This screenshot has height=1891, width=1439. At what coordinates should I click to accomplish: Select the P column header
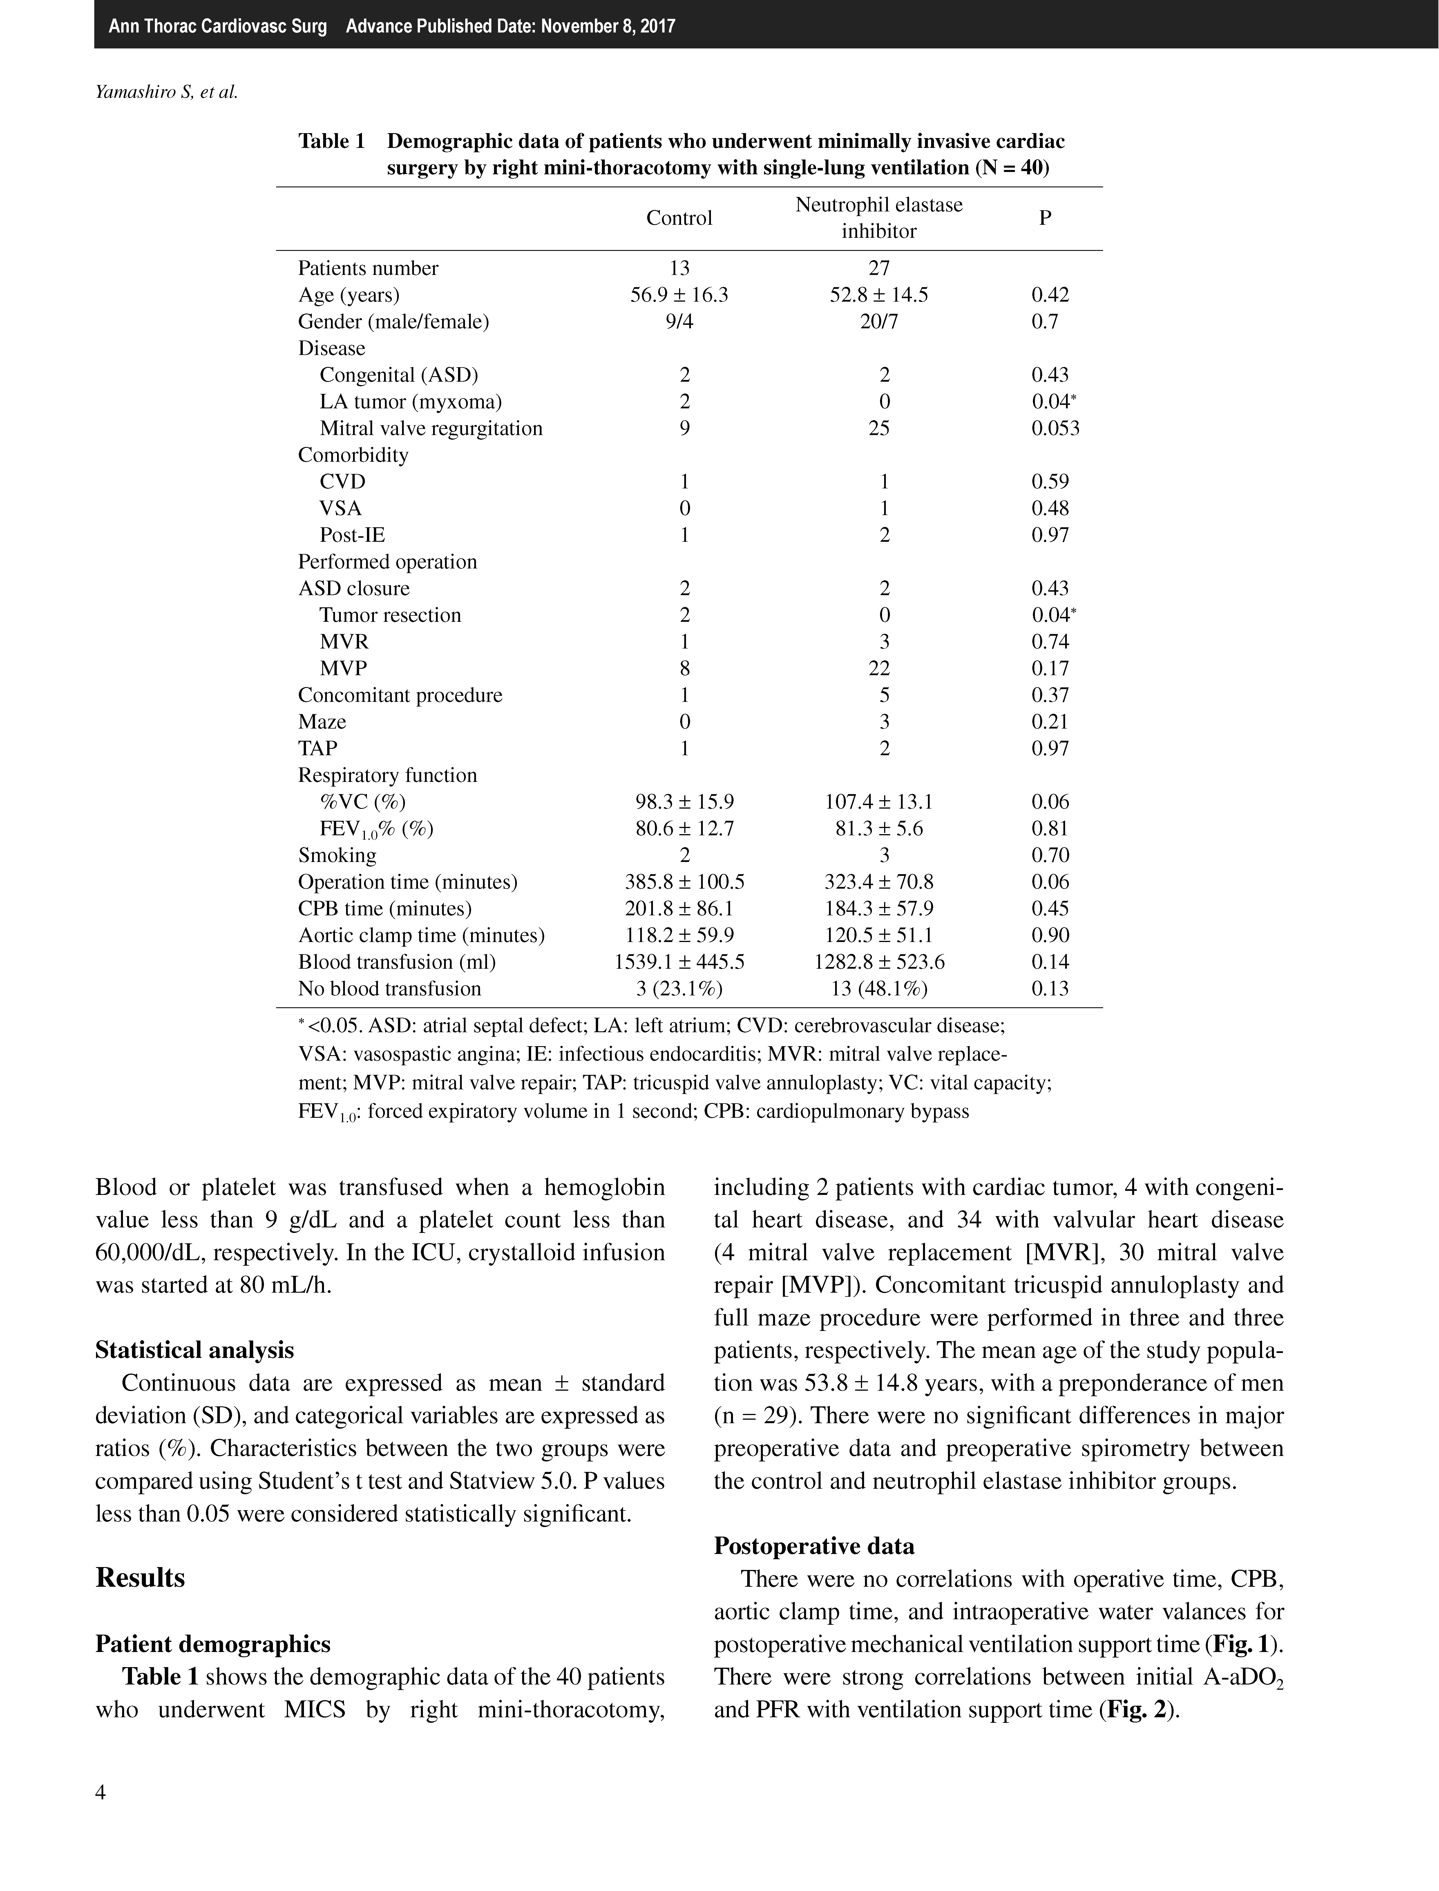click(1045, 218)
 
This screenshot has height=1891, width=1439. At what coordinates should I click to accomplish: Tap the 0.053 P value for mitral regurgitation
click(1055, 428)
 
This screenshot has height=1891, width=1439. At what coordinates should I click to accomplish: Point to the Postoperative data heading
click(814, 1546)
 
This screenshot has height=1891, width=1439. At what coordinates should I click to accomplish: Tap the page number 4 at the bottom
click(101, 1792)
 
